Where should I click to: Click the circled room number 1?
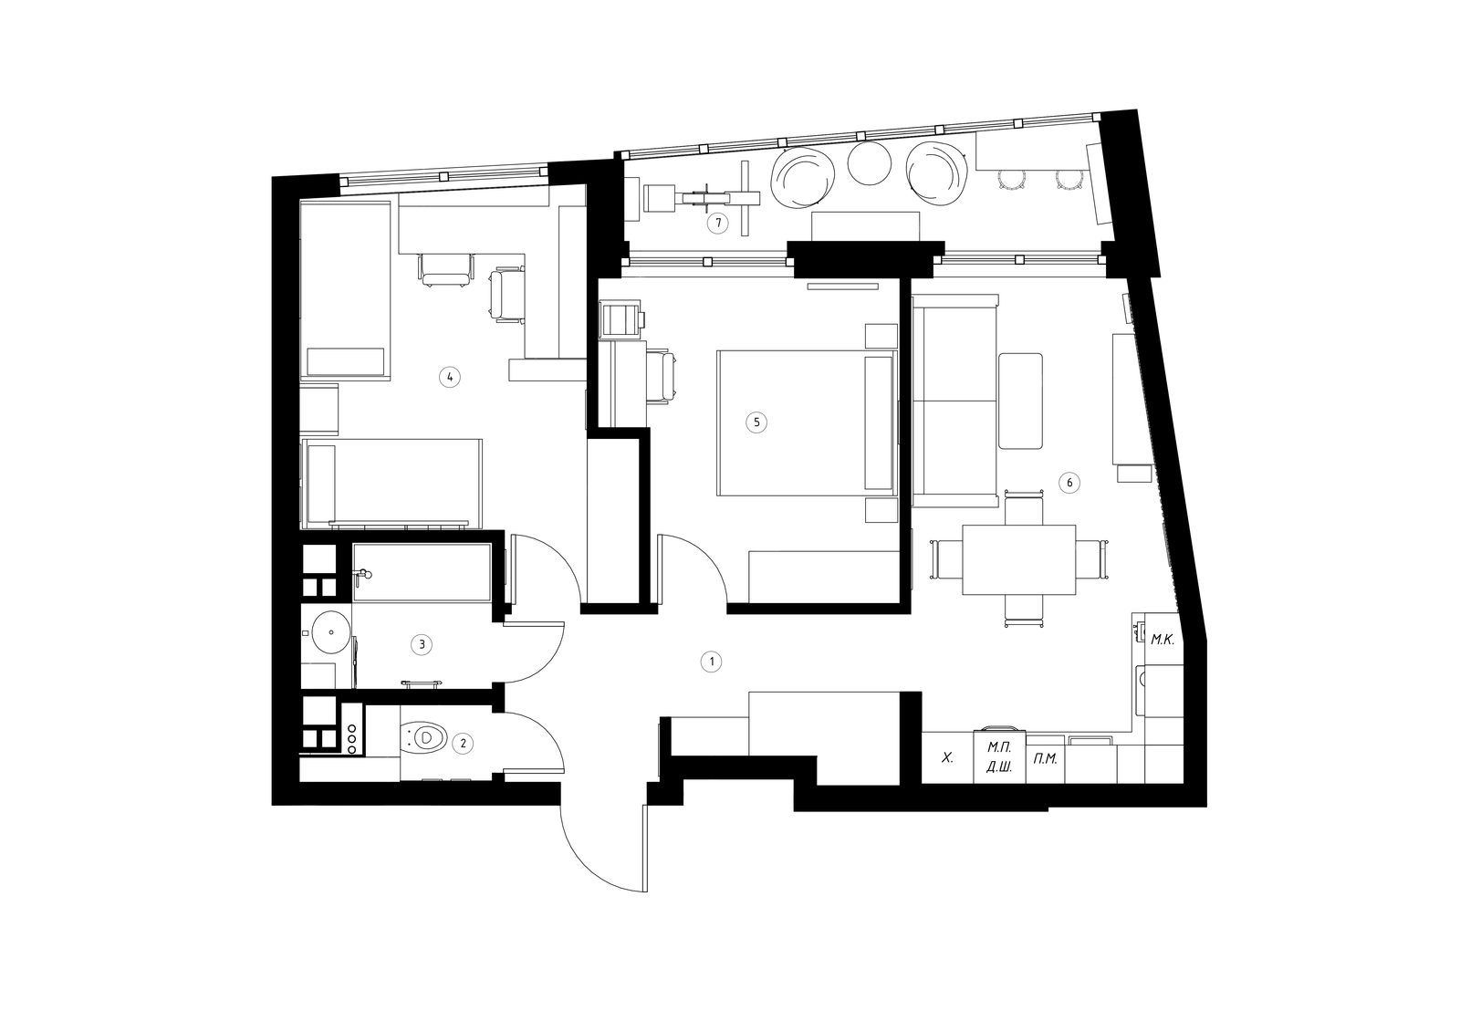click(711, 662)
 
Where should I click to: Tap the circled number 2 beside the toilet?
click(463, 743)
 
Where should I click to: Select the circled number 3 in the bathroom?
click(422, 645)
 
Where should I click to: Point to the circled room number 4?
click(450, 377)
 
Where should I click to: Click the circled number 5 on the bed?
click(756, 422)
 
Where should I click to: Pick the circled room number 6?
click(1069, 483)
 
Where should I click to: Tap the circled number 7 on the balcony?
click(717, 224)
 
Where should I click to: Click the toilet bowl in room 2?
click(425, 738)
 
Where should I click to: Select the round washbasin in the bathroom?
click(331, 631)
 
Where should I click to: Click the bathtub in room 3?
click(422, 573)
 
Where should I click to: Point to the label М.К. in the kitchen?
click(1163, 641)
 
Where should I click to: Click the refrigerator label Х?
click(948, 757)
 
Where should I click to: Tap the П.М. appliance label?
click(1045, 759)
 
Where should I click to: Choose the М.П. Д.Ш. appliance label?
click(998, 756)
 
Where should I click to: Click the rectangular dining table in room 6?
click(1018, 559)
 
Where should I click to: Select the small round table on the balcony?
click(870, 163)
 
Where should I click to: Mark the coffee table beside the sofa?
click(1020, 401)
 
